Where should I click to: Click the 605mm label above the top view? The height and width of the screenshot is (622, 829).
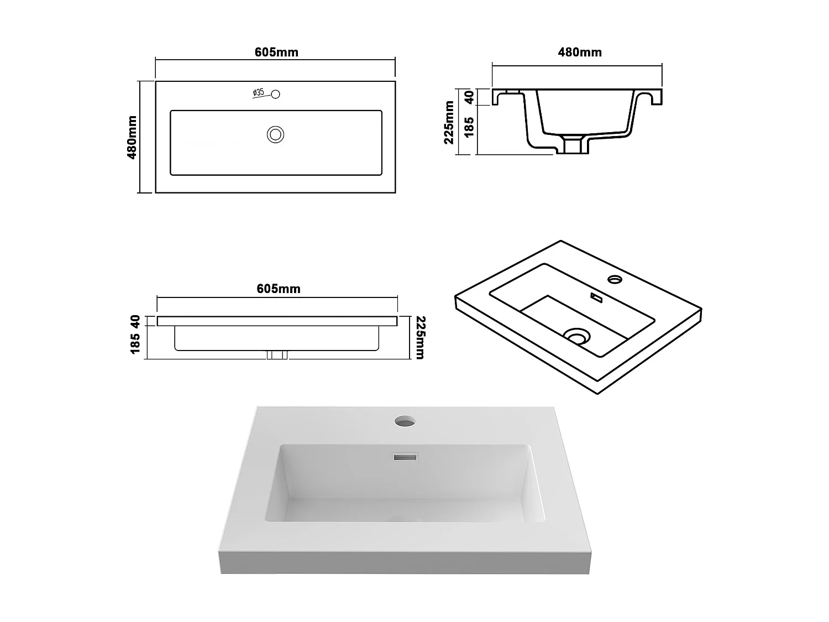coord(276,53)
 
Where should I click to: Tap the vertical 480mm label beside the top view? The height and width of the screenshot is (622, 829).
coord(132,137)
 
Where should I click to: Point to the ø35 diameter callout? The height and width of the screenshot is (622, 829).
coord(259,92)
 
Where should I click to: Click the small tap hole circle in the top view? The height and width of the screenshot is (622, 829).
coord(276,94)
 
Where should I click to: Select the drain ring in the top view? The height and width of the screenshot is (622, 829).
coord(275,134)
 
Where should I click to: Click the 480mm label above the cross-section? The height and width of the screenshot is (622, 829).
coord(580,53)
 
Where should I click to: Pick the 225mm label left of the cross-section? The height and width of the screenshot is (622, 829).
coord(449,122)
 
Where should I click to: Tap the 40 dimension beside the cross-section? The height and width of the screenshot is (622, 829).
coord(469,97)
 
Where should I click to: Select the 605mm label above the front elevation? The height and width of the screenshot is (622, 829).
coord(279,289)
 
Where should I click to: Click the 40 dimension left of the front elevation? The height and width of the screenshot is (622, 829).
coord(134,321)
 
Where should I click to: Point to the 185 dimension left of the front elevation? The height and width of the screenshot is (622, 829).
coord(134,343)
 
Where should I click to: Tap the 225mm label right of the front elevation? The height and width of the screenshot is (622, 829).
coord(419,337)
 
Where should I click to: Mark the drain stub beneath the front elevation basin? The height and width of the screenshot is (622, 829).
coord(277,354)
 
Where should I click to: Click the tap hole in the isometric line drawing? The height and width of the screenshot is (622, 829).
coord(614,279)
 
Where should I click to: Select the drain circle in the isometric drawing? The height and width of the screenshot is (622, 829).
coord(577,335)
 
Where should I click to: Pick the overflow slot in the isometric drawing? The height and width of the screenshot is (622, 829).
coord(596,297)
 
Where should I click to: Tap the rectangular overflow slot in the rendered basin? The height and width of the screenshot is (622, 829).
coord(405,457)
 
